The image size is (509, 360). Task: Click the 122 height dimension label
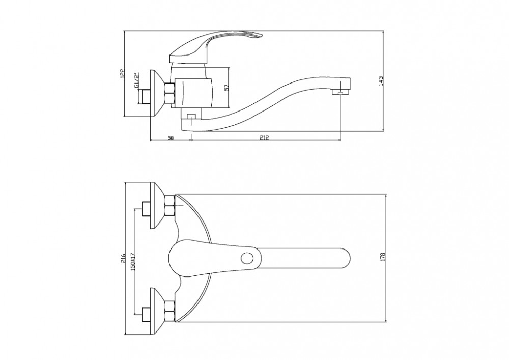(122, 73)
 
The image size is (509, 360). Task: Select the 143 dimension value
(381, 81)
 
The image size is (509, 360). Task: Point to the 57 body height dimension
(227, 87)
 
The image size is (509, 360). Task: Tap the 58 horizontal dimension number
(171, 137)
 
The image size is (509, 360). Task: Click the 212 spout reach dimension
(265, 137)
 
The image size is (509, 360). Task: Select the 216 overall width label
(122, 258)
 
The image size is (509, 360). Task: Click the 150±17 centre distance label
(132, 262)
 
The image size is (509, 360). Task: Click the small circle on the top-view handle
(247, 259)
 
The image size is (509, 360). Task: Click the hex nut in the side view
(170, 94)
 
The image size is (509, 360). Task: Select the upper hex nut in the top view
(170, 206)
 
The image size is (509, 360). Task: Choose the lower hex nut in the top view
(170, 312)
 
